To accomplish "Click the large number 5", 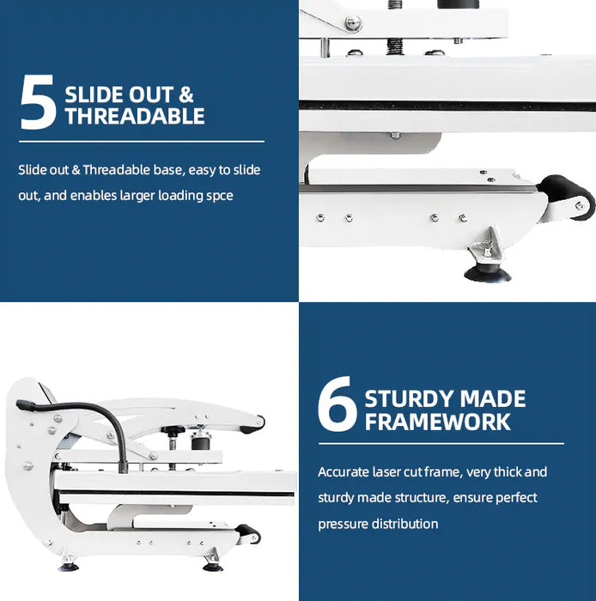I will pos(39,102).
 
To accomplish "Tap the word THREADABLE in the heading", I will pos(135,117).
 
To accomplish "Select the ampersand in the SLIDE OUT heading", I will pos(185,94).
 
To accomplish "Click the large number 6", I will pos(337,406).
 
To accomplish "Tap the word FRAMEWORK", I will pos(437,422).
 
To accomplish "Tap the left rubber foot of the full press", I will pos(68,567).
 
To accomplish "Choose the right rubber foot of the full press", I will pos(211,566).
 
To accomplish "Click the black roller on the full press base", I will pos(249,534).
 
